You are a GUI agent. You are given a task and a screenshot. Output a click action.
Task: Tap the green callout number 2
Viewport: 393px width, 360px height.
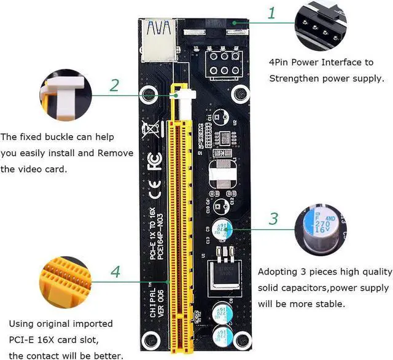tap(114, 85)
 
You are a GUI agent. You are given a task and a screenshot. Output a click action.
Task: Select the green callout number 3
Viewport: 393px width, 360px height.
tap(274, 219)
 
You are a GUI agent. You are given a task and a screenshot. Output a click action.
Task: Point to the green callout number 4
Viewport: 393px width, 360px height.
tap(114, 272)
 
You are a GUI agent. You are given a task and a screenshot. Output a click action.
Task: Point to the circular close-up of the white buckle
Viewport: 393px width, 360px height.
tap(66, 95)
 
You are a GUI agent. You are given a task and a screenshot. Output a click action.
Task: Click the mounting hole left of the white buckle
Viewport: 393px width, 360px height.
tap(149, 95)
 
